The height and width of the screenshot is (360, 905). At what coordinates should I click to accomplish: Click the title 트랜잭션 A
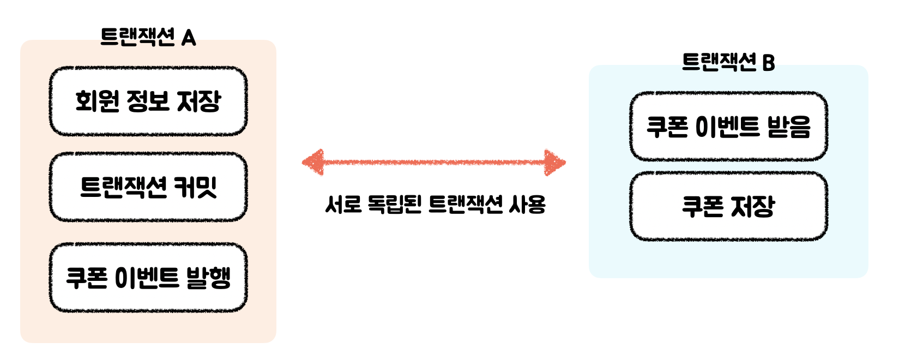click(x=148, y=37)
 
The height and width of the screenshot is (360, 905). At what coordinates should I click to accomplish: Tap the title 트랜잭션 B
click(x=728, y=62)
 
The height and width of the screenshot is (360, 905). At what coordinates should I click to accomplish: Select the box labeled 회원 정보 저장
click(x=148, y=101)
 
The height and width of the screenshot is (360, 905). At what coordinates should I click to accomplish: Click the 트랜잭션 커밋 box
click(x=148, y=187)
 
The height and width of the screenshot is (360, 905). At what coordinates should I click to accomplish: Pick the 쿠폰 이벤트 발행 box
click(x=148, y=278)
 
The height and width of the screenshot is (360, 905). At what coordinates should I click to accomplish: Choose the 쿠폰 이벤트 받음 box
click(x=728, y=127)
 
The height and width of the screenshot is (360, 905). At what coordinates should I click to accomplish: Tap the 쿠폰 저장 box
click(x=728, y=206)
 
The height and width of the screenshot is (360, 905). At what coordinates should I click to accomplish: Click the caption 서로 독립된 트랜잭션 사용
click(x=435, y=205)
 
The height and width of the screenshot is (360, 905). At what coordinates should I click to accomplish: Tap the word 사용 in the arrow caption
click(x=527, y=205)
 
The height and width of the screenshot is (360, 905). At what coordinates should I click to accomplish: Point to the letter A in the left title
click(x=189, y=38)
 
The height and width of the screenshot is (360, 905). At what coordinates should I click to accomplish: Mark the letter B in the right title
click(x=768, y=63)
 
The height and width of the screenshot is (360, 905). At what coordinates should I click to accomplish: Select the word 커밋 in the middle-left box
click(x=195, y=187)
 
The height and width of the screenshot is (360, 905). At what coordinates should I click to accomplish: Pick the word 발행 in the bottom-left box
click(x=208, y=278)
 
